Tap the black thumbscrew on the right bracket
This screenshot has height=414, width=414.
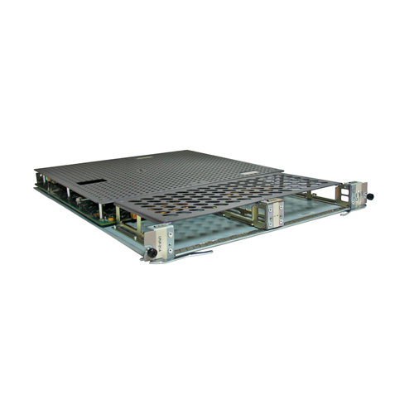tap(369, 197)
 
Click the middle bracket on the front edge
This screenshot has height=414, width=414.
tap(272, 214)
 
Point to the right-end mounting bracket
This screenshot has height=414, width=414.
tap(357, 194)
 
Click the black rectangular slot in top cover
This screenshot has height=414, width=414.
tap(92, 181)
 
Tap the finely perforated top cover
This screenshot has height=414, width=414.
tap(166, 174)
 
